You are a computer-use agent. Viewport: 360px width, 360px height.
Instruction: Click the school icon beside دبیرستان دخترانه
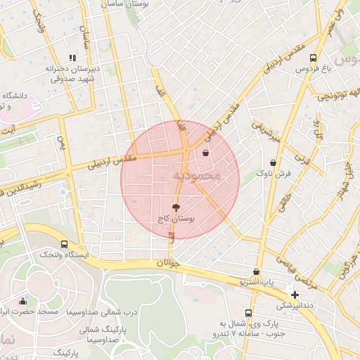click(71, 58)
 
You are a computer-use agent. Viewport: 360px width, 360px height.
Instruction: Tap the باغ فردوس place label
click(312, 69)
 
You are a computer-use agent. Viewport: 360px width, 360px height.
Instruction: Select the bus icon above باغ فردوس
click(313, 58)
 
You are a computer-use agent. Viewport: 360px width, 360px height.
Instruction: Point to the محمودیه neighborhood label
click(197, 174)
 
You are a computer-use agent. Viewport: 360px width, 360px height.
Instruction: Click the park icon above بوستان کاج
click(175, 208)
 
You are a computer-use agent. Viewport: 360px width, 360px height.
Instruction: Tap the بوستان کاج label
click(175, 219)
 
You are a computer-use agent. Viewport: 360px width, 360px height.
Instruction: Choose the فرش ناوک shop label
click(273, 172)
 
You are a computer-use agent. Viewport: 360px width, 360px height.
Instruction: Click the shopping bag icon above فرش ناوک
click(273, 162)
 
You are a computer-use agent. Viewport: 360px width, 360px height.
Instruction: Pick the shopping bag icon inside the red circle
click(205, 153)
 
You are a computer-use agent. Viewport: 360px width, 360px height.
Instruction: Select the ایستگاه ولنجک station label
click(64, 254)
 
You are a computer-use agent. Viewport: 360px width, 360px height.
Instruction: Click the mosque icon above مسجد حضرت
click(23, 301)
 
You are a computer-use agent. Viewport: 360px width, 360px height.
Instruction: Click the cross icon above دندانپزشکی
click(295, 295)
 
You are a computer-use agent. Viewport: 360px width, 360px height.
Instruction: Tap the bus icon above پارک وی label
click(248, 313)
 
